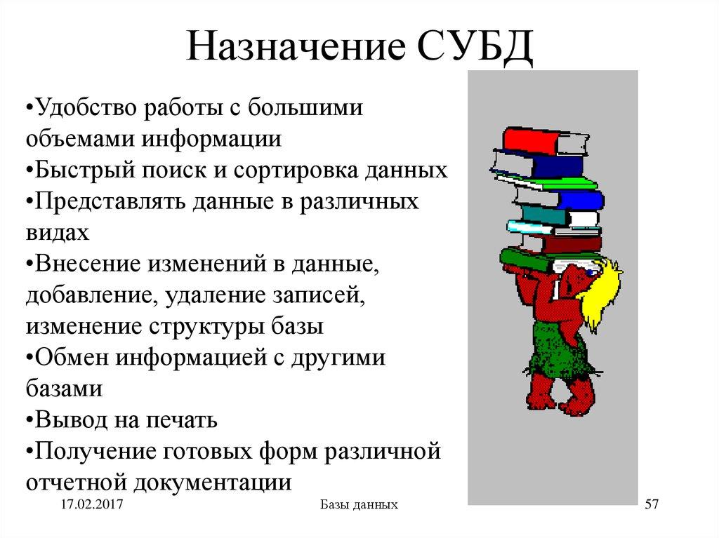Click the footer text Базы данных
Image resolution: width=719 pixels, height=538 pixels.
click(359, 504)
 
